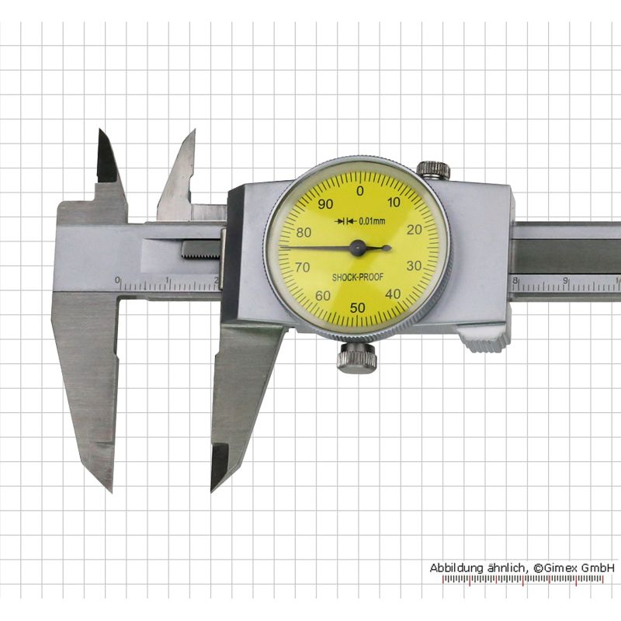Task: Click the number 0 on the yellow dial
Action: coord(359,191)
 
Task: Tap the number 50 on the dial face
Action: coord(358,307)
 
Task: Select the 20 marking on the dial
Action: coord(415,230)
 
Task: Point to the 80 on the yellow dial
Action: coord(304,232)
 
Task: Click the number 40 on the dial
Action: coord(393,294)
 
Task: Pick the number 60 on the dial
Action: coord(323,296)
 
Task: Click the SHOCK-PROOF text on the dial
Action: coord(358,277)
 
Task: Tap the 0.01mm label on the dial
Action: coord(372,221)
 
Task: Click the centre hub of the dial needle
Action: coord(358,248)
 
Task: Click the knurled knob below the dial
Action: coord(356,358)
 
